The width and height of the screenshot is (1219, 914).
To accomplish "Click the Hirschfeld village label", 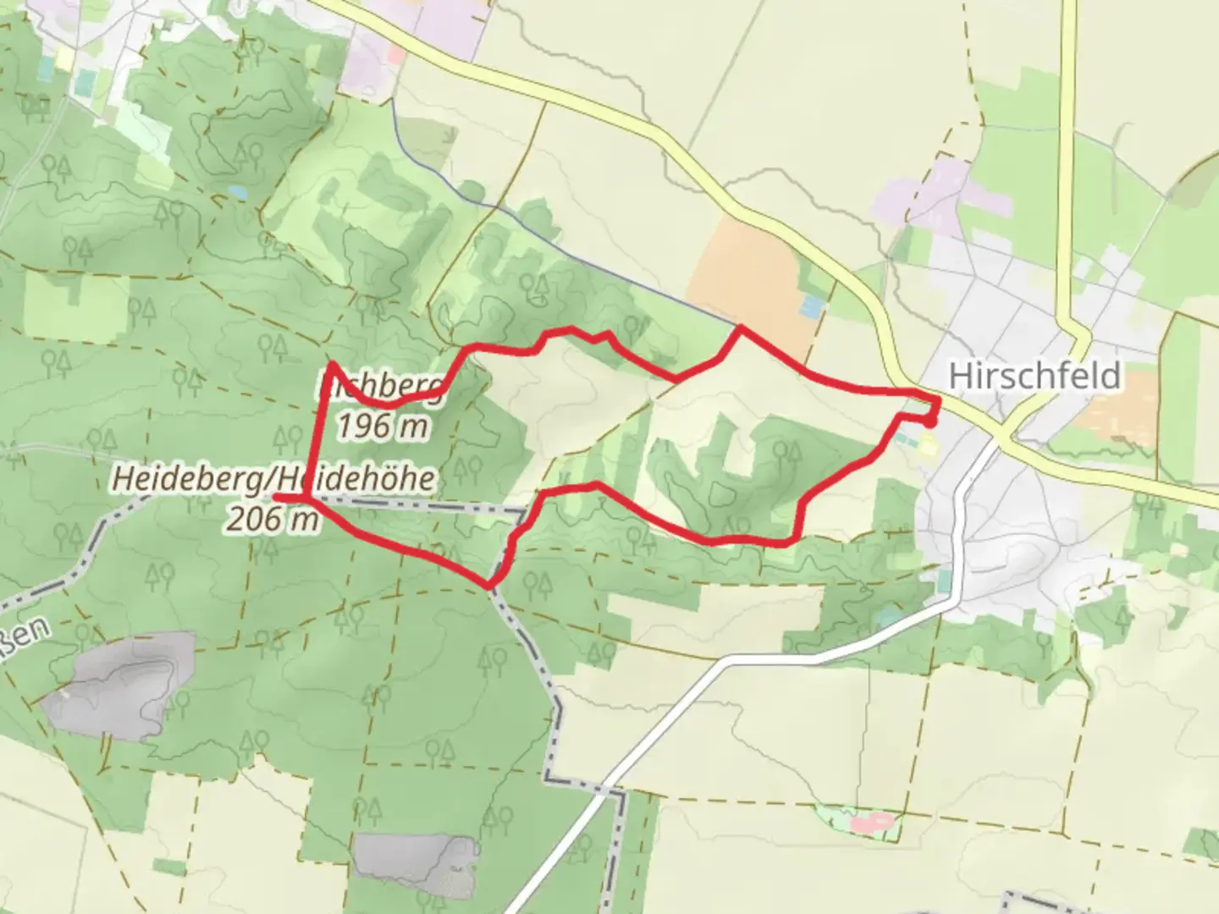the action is coord(1034,376).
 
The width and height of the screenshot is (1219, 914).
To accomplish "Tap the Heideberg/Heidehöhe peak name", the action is coord(273,479).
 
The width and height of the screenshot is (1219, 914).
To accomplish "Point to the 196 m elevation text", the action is coord(382,426).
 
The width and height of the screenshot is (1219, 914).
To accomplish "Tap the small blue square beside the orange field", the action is coord(811,306).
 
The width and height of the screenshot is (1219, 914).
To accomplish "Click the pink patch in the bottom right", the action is coord(872,821).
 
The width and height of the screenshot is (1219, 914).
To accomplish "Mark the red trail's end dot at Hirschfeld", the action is coord(929,421).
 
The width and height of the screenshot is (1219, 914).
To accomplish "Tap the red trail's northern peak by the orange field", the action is coord(741,327).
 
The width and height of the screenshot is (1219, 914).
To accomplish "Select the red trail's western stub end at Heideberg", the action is coord(278,498).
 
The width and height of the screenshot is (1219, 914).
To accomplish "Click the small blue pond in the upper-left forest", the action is coord(237,193).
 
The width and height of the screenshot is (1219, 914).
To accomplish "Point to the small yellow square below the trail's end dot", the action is coord(929,445).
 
